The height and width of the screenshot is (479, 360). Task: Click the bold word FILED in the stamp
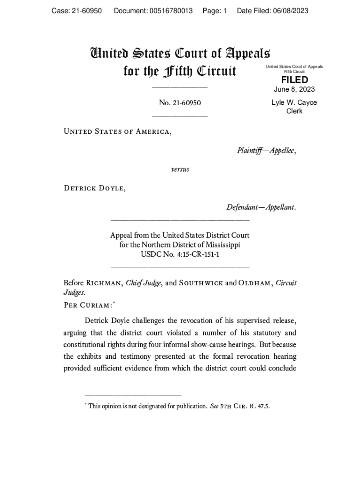click(294, 80)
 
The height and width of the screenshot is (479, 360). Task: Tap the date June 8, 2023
click(294, 89)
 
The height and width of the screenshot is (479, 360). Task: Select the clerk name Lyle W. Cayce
click(294, 102)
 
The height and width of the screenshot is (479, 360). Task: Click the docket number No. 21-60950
click(180, 103)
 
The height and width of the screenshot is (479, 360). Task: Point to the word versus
click(180, 169)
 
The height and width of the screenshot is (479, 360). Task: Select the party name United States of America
click(117, 131)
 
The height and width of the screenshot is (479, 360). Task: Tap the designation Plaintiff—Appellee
click(266, 150)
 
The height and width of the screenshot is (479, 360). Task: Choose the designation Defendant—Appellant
click(261, 207)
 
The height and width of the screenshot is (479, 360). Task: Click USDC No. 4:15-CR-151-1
click(180, 254)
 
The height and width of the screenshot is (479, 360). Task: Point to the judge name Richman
click(104, 283)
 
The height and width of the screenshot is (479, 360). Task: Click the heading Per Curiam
click(87, 305)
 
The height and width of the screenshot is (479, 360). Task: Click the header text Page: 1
click(215, 11)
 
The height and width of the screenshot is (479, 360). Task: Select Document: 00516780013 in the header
click(153, 11)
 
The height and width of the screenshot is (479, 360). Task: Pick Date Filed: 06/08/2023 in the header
click(273, 11)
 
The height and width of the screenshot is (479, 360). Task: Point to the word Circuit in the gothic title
click(216, 72)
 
